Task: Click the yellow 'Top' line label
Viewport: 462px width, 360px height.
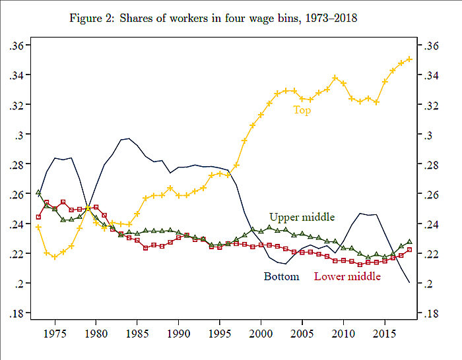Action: pyautogui.click(x=302, y=111)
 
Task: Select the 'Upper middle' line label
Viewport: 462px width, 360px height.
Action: pyautogui.click(x=302, y=217)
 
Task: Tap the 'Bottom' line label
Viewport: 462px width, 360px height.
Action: pyautogui.click(x=282, y=276)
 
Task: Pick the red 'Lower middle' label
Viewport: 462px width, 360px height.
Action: pyautogui.click(x=347, y=276)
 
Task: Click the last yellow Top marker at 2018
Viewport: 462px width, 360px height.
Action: pyautogui.click(x=409, y=59)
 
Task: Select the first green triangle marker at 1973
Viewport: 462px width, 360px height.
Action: pyautogui.click(x=38, y=193)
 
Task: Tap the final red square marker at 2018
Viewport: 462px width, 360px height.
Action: pyautogui.click(x=409, y=250)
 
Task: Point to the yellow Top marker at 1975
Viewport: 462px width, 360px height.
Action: pyautogui.click(x=55, y=256)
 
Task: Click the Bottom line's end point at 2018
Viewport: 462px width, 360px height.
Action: pyautogui.click(x=409, y=282)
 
